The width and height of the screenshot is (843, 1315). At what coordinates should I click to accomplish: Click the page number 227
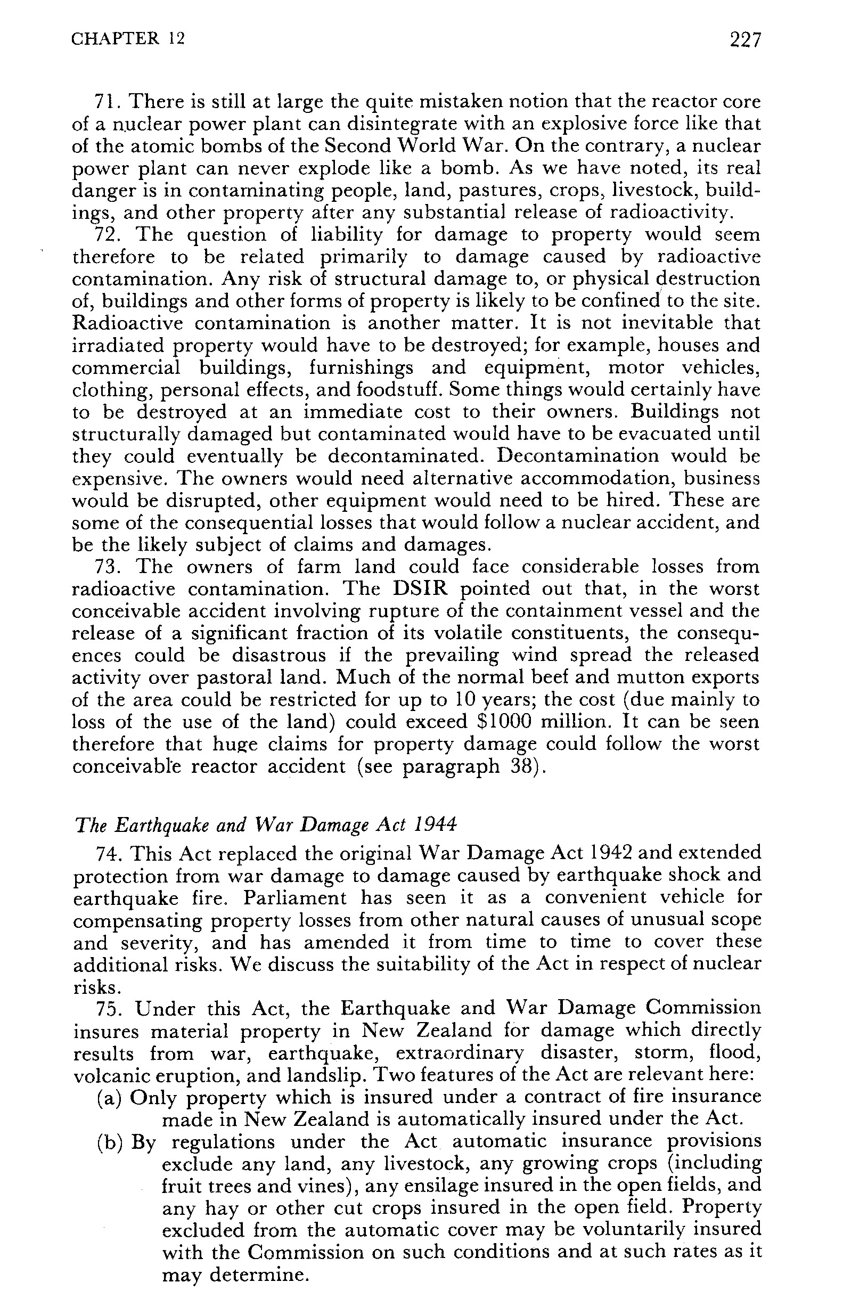[x=745, y=40]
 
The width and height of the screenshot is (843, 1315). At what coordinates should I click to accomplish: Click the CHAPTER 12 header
[x=128, y=39]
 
